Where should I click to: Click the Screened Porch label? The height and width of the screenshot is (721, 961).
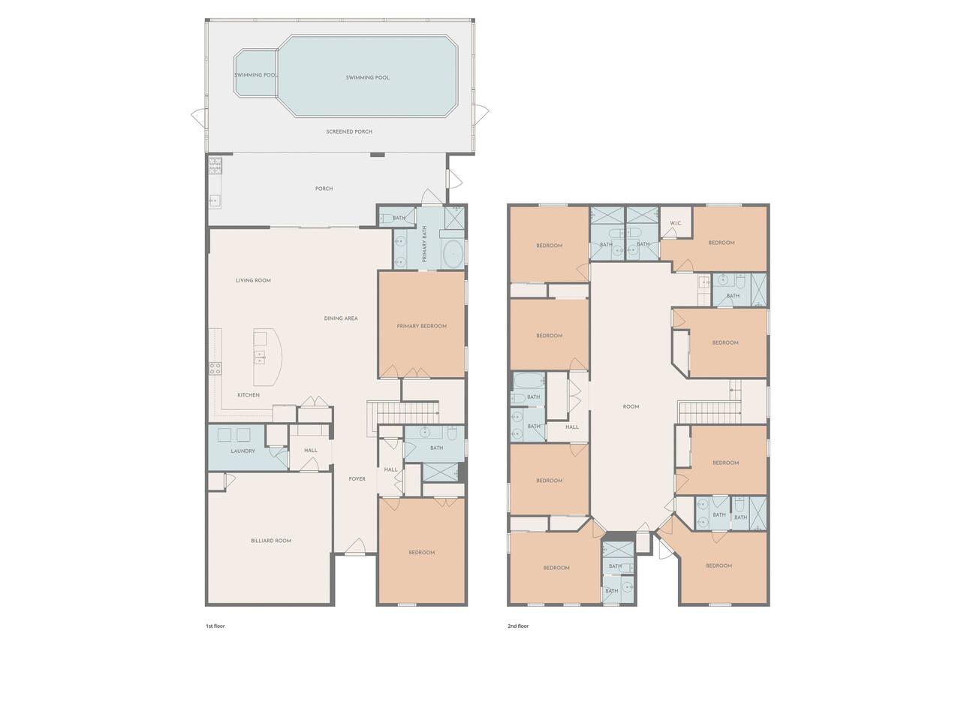(349, 131)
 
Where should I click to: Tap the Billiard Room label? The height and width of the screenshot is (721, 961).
(271, 541)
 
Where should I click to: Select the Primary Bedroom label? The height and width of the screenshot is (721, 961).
(422, 326)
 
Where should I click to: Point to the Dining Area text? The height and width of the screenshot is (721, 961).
(341, 318)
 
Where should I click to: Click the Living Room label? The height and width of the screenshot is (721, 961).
(253, 280)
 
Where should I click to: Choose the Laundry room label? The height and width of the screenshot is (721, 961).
(243, 451)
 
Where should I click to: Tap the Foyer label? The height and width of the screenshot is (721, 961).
(357, 479)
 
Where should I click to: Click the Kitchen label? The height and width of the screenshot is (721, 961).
(249, 395)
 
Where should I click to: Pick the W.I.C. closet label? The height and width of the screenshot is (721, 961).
(676, 223)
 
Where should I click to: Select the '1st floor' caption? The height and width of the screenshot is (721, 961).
(215, 626)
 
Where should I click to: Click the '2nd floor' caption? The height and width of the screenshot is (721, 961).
(518, 626)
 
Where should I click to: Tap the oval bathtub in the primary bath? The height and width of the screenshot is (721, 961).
(453, 254)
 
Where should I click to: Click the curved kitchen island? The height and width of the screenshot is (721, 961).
(268, 357)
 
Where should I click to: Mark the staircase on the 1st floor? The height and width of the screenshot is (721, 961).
(403, 414)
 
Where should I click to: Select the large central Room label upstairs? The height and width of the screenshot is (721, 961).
(631, 406)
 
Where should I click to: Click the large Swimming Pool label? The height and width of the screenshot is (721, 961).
(367, 77)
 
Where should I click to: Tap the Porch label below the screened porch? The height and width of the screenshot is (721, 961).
(324, 189)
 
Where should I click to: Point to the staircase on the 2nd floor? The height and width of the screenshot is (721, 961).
(709, 412)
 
